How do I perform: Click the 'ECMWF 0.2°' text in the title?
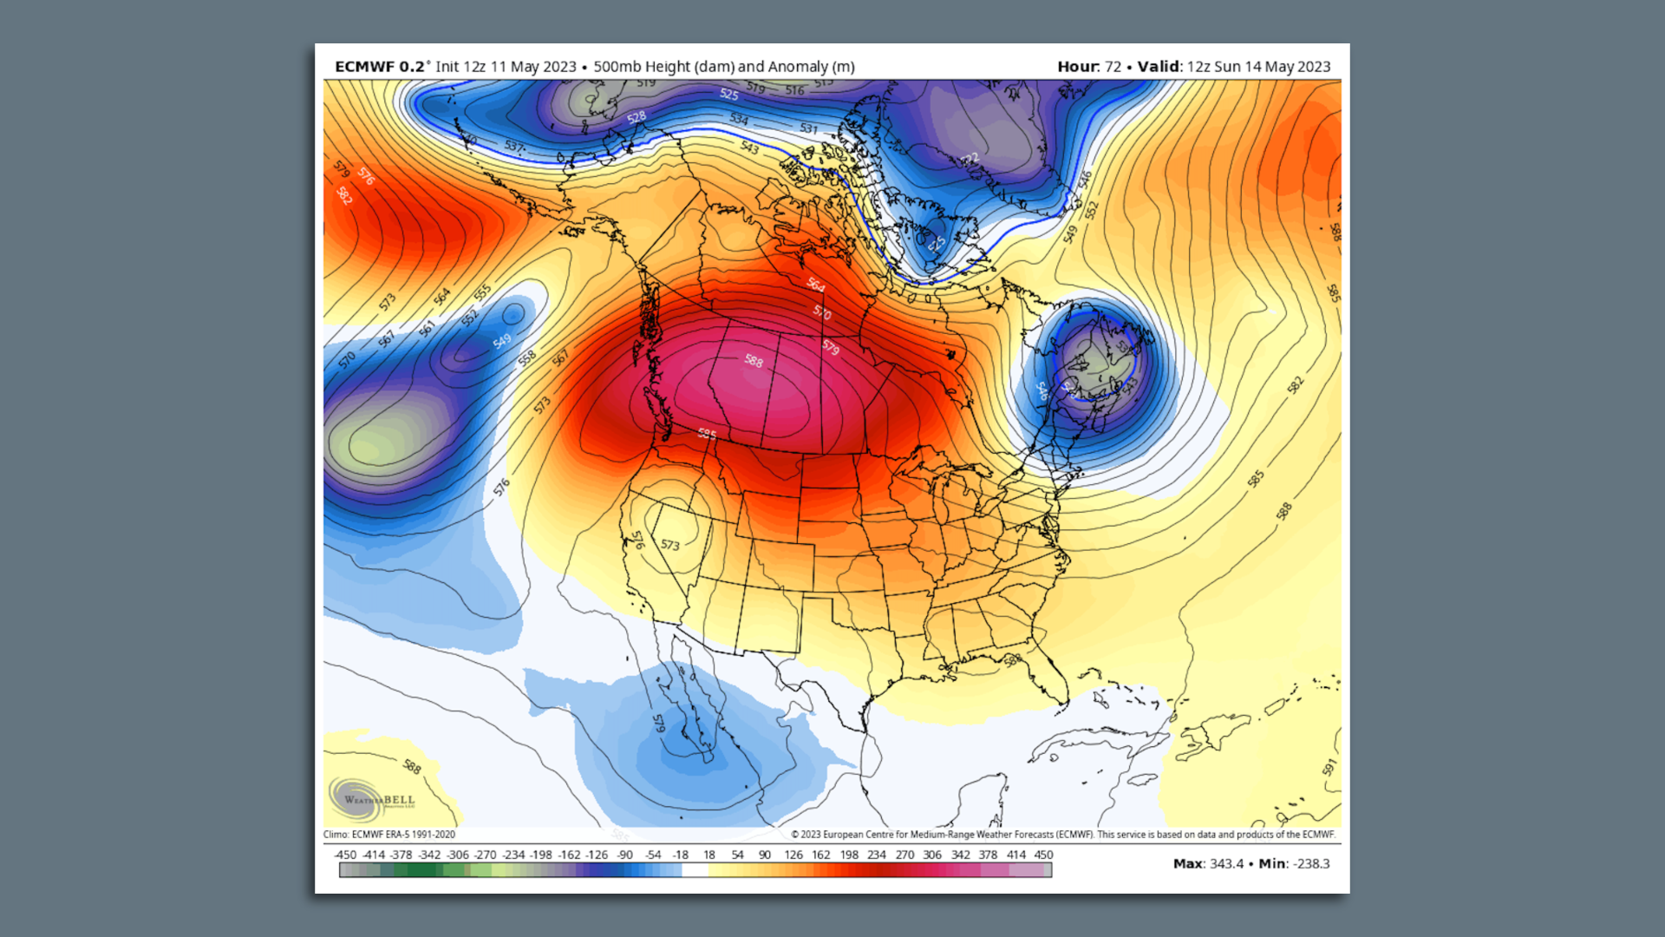380,67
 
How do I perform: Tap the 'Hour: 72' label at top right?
1088,67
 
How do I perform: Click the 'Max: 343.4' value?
1208,863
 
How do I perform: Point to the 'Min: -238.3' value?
1294,863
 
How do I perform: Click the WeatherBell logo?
372,799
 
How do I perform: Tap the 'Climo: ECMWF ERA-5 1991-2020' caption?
388,835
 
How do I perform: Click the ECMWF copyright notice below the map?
1062,835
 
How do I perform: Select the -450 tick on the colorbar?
344,855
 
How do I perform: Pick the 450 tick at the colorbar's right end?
1043,855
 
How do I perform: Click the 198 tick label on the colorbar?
849,855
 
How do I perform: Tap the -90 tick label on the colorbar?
624,855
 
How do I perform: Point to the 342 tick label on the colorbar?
960,855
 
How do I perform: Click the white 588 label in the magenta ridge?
754,361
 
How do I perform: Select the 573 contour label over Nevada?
670,546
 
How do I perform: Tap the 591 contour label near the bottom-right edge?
1329,767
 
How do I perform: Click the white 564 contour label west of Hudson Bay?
816,285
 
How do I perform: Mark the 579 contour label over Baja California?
658,724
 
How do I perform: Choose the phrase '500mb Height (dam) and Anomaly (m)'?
723,67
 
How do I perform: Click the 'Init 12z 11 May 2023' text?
506,67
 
